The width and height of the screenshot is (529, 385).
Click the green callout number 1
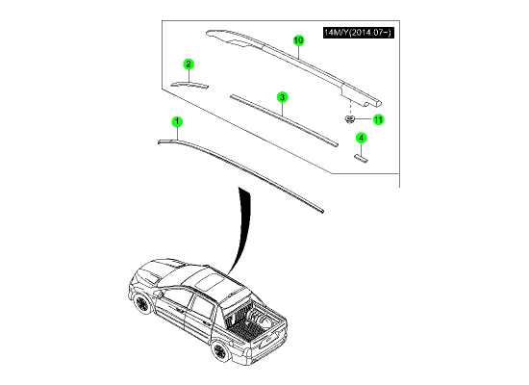click(x=177, y=122)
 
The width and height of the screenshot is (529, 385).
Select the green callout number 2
click(x=189, y=64)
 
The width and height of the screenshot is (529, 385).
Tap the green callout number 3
click(x=282, y=97)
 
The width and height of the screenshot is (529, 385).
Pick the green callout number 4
click(x=361, y=139)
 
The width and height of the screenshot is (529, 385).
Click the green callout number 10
click(x=298, y=40)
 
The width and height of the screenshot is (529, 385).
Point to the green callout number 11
click(x=379, y=119)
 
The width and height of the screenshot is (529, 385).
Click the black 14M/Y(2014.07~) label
click(x=359, y=33)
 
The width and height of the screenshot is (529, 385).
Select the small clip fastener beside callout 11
click(x=350, y=119)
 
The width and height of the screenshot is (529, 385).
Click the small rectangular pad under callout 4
click(x=361, y=159)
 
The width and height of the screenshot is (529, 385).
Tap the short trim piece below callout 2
click(x=189, y=85)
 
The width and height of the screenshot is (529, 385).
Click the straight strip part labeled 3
click(x=284, y=120)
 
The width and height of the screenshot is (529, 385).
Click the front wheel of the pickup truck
click(x=141, y=303)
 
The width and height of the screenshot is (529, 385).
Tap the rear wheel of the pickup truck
click(x=219, y=350)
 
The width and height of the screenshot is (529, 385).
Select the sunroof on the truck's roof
click(x=209, y=281)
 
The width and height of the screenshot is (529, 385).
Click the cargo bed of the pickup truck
click(x=250, y=321)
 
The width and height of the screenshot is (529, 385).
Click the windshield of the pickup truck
click(x=170, y=272)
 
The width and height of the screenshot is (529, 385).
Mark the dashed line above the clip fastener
click(x=351, y=108)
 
